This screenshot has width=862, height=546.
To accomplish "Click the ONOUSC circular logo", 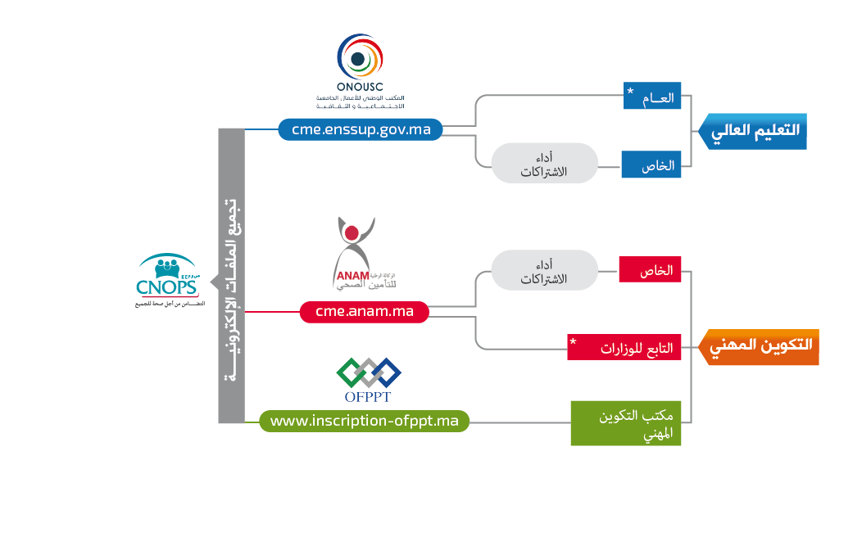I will [x=359, y=56].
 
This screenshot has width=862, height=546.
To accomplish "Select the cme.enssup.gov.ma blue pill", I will [x=361, y=129].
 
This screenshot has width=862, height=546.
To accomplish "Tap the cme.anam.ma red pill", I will [x=364, y=312].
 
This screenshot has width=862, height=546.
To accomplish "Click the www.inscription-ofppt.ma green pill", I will [x=364, y=421].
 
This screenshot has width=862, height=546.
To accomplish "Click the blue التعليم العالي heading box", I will [x=755, y=131].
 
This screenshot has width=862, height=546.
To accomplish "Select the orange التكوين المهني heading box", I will [x=761, y=347].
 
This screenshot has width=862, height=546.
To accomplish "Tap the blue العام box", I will [x=652, y=97].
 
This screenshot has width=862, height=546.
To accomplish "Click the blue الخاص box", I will [x=652, y=165].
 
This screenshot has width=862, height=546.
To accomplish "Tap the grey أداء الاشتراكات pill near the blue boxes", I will [x=545, y=163].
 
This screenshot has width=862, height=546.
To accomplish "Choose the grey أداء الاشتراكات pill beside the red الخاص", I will [x=545, y=270].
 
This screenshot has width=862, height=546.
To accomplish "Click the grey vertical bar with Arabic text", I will [x=231, y=276].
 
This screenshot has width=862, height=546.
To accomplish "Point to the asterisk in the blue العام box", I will [x=630, y=91].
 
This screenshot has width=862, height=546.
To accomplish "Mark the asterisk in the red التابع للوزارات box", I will [x=574, y=341].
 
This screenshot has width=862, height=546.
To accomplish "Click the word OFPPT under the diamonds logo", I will [x=369, y=398].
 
